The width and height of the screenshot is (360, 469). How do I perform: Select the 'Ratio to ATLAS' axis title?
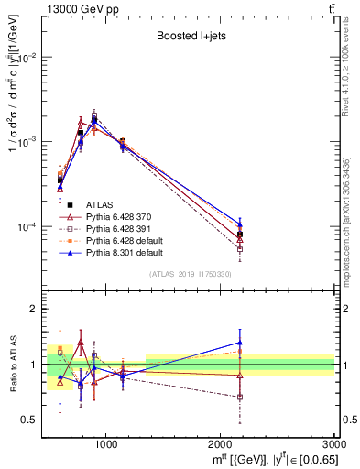12,364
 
